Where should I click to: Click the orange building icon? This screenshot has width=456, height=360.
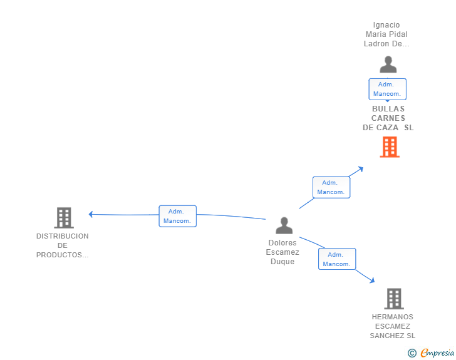pyautogui.click(x=390, y=147)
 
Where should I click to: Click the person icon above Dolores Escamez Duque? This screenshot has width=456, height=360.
pyautogui.click(x=284, y=225)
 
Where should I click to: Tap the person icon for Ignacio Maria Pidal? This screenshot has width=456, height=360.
pyautogui.click(x=388, y=64)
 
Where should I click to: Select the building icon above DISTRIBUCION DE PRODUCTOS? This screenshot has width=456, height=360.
pyautogui.click(x=64, y=218)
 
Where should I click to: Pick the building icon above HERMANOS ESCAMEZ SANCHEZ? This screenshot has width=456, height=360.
pyautogui.click(x=394, y=299)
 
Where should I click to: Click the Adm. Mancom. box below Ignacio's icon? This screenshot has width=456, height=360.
pyautogui.click(x=387, y=90)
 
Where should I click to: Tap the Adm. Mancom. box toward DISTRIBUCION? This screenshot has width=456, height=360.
pyautogui.click(x=178, y=216)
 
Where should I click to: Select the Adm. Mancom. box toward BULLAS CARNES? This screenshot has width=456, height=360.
pyautogui.click(x=331, y=187)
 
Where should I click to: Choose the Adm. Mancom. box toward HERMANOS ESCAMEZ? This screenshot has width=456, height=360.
pyautogui.click(x=337, y=259)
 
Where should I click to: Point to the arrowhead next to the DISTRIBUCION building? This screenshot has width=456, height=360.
pyautogui.click(x=90, y=214)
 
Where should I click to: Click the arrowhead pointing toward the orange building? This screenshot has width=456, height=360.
pyautogui.click(x=361, y=168)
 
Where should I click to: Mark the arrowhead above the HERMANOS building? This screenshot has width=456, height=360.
pyautogui.click(x=372, y=280)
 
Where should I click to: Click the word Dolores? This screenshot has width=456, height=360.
pyautogui.click(x=282, y=243)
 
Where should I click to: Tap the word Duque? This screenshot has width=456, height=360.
pyautogui.click(x=282, y=262)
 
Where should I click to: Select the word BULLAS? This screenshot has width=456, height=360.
pyautogui.click(x=388, y=109)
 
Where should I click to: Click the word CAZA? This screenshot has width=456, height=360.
pyautogui.click(x=388, y=128)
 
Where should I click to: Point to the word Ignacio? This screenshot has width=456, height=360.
pyautogui.click(x=386, y=25)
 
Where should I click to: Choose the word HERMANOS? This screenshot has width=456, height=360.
pyautogui.click(x=392, y=317)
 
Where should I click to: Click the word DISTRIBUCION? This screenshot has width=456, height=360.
pyautogui.click(x=63, y=236)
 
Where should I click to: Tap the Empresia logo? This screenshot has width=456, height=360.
pyautogui.click(x=431, y=352)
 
